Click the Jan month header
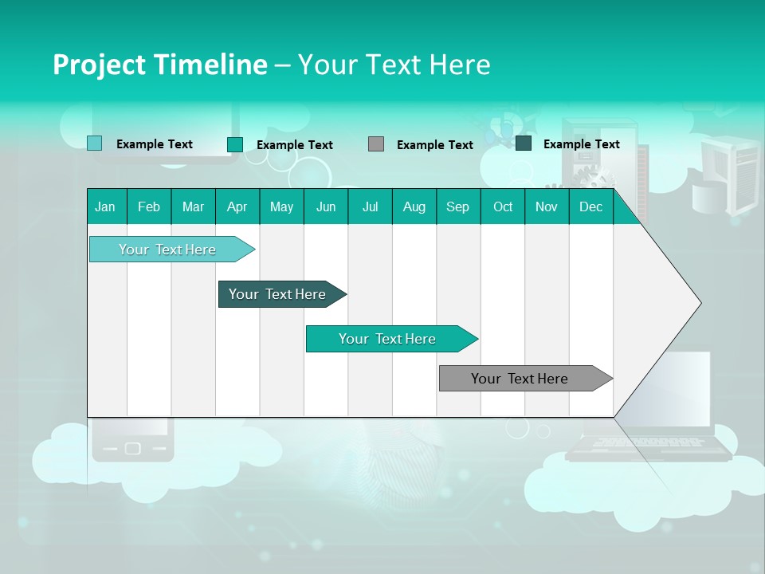[105, 207]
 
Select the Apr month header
[237, 207]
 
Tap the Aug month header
[414, 207]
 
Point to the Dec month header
[590, 207]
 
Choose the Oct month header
[503, 207]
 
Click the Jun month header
[325, 207]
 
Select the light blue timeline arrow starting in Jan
[168, 250]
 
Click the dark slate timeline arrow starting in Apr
[278, 294]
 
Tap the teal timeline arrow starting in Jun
[388, 339]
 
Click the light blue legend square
[94, 143]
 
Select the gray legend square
[376, 144]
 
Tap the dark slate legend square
[524, 143]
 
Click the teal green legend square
[234, 144]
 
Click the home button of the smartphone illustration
[132, 449]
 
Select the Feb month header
[149, 207]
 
